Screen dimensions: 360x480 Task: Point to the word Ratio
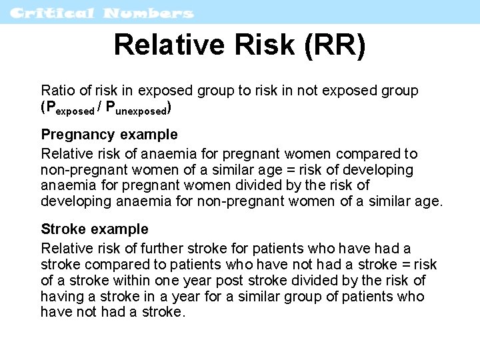(x=57, y=90)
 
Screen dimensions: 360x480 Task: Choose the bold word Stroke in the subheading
(x=63, y=229)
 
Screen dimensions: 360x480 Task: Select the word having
(x=60, y=297)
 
